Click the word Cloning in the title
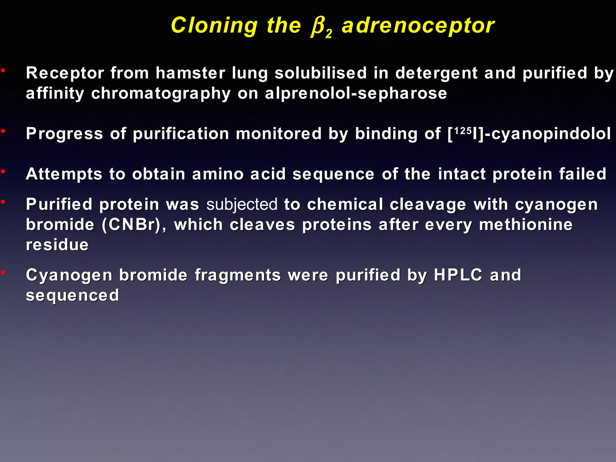pos(214,26)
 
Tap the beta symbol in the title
pos(318,26)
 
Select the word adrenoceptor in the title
pos(418,26)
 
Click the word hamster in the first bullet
pos(190,73)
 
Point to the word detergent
pos(436,73)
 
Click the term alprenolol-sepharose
pos(356,93)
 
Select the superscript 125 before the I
pos(463,131)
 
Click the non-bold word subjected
pos(242,205)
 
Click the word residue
pos(57,245)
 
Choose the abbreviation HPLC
pos(458,275)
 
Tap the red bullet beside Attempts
pos(3,172)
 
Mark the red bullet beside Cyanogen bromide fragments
pos(3,273)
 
